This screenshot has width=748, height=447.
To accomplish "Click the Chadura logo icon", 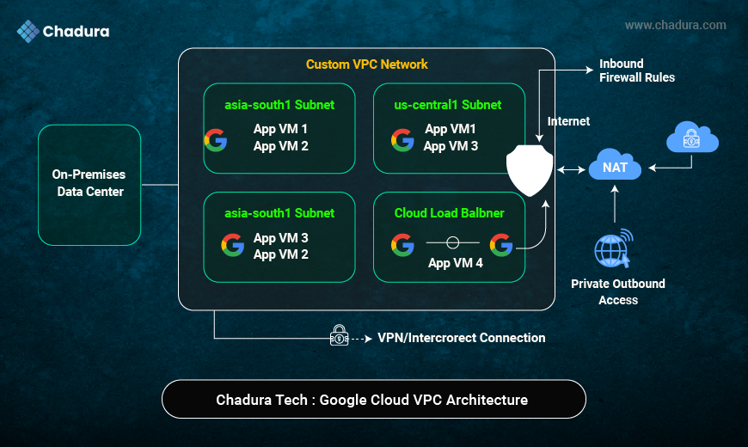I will pos(28,32).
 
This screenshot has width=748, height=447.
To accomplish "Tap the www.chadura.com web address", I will pos(675,26).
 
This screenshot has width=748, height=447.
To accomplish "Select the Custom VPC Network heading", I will pos(366,64).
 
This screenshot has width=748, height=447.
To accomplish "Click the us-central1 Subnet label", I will pos(447,105).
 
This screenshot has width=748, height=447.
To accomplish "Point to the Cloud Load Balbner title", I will pos(449,213).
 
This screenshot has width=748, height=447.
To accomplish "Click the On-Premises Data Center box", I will pos(89,184).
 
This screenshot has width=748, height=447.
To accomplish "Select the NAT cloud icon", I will pos(615,165).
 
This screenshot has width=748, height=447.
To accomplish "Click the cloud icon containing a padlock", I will pos(692,138).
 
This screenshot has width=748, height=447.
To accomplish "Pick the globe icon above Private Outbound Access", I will pos(613,249).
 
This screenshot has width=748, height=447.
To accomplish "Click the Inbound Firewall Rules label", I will pos(636,70).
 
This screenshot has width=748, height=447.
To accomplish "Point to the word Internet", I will pos(568,121).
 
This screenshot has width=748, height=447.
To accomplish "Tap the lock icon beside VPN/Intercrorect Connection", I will pos(340,338).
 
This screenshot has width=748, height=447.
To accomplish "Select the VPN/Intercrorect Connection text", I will pos(461,338).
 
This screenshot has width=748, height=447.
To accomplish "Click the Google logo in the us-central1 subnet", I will pos(402,139).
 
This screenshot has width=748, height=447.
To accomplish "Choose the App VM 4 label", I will pos(455,263).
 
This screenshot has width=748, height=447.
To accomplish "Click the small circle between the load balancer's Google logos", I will pos(452,244).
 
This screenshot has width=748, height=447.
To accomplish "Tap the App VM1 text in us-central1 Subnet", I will pos(451,129).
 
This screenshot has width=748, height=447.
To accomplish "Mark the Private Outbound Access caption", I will pos(618,291).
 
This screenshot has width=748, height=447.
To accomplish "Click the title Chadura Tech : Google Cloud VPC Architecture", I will pos(372,400).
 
